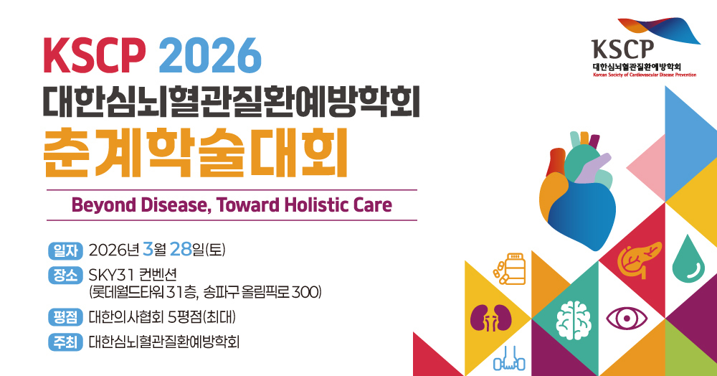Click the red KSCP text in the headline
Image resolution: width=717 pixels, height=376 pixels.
pyautogui.click(x=94, y=55)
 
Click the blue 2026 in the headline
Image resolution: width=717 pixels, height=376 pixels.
pyautogui.click(x=210, y=55)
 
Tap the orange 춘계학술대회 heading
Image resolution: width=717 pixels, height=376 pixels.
pyautogui.click(x=196, y=153)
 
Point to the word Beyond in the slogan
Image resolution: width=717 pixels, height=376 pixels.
pyautogui.click(x=104, y=205)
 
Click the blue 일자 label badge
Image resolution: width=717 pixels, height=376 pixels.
pyautogui.click(x=65, y=250)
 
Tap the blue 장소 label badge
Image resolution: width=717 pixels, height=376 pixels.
pyautogui.click(x=65, y=275)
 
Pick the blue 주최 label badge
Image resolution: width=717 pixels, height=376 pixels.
pyautogui.click(x=65, y=342)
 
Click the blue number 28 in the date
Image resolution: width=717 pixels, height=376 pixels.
pyautogui.click(x=180, y=249)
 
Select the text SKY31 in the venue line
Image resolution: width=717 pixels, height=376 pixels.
pyautogui.click(x=110, y=275)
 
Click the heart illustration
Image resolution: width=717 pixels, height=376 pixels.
pyautogui.click(x=577, y=191)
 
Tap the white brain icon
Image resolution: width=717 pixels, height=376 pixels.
pyautogui.click(x=574, y=321)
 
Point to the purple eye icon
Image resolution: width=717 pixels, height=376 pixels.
pyautogui.click(x=627, y=319)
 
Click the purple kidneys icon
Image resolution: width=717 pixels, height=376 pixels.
pyautogui.click(x=490, y=317)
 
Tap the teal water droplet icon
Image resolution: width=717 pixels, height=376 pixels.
pyautogui.click(x=688, y=258)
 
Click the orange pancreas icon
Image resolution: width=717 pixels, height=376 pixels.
pyautogui.click(x=640, y=260)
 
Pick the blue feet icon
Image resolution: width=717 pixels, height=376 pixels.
pyautogui.click(x=509, y=359)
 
